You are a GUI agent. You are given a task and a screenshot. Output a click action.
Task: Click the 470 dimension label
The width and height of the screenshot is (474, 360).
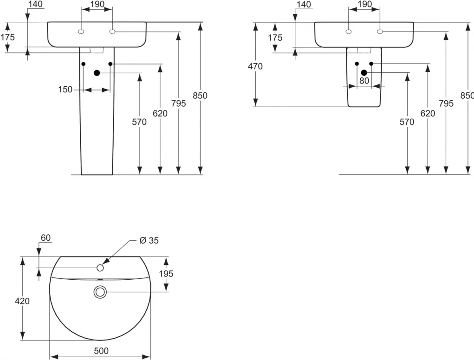pyautogui.click(x=255, y=66)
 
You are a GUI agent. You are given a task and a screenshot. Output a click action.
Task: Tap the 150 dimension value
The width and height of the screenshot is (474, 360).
pyautogui.click(x=65, y=90)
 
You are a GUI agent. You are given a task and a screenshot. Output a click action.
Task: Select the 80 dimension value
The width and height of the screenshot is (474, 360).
pyautogui.click(x=364, y=81)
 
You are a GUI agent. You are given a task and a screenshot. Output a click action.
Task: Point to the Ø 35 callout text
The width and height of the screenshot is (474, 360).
pyautogui.click(x=149, y=240)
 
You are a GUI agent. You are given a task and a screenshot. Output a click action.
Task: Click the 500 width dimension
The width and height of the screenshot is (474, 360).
pyautogui.click(x=101, y=351)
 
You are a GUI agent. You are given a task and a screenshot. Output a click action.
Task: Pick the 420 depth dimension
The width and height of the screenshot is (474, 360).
pyautogui.click(x=22, y=301)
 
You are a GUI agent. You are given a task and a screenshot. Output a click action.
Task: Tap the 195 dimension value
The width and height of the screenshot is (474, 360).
pyautogui.click(x=166, y=274)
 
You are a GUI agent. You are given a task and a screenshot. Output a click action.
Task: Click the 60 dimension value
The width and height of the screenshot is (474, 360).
pyautogui.click(x=45, y=238)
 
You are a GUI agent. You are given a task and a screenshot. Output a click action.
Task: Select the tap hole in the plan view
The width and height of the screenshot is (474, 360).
pyautogui.click(x=100, y=268)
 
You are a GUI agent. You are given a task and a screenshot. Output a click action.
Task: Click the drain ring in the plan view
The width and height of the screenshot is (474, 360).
pyautogui.click(x=100, y=292)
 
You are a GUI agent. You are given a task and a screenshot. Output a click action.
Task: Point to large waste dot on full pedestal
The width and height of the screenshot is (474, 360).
pyautogui.click(x=97, y=73)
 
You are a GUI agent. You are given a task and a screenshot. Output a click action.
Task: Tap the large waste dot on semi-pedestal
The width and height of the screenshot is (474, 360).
pyautogui.click(x=364, y=73)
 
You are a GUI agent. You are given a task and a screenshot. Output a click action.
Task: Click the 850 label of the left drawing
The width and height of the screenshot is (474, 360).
pyautogui.click(x=200, y=96)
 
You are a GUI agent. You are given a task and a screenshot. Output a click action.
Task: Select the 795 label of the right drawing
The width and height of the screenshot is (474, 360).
pyautogui.click(x=446, y=103)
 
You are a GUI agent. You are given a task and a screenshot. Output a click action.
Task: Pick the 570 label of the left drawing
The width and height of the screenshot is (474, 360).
pyautogui.click(x=139, y=122)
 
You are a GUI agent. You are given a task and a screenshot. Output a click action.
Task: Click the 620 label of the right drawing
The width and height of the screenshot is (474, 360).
pyautogui.click(x=428, y=113)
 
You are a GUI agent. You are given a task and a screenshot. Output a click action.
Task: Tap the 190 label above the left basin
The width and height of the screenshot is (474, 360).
pyautogui.click(x=97, y=4)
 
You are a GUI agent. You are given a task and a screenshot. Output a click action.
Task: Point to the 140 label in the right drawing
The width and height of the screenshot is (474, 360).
pyautogui.click(x=304, y=4)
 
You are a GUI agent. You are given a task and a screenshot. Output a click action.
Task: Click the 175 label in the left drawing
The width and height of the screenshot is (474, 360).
pyautogui.click(x=7, y=37)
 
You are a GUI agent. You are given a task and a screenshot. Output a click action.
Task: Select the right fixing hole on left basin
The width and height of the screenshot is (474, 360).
pyautogui.click(x=112, y=32)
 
